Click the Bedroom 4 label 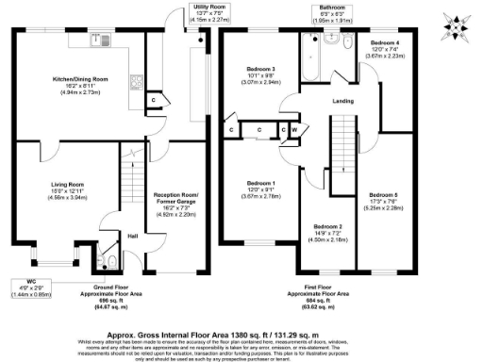385,44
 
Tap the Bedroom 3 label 260,70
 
